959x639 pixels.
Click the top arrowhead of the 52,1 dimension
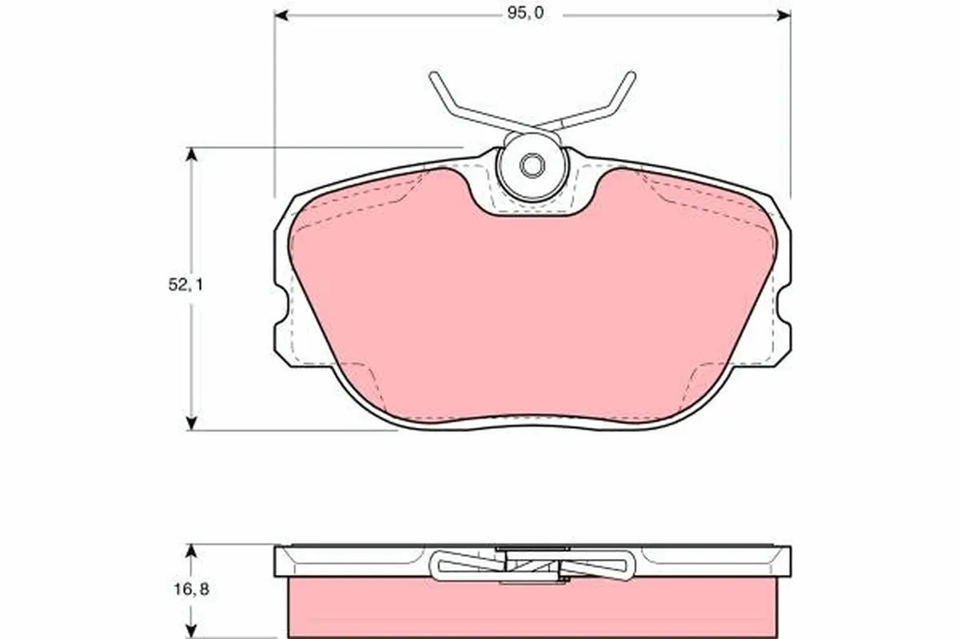191,154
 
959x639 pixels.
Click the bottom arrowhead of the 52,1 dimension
191,423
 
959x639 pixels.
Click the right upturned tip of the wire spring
631,77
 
